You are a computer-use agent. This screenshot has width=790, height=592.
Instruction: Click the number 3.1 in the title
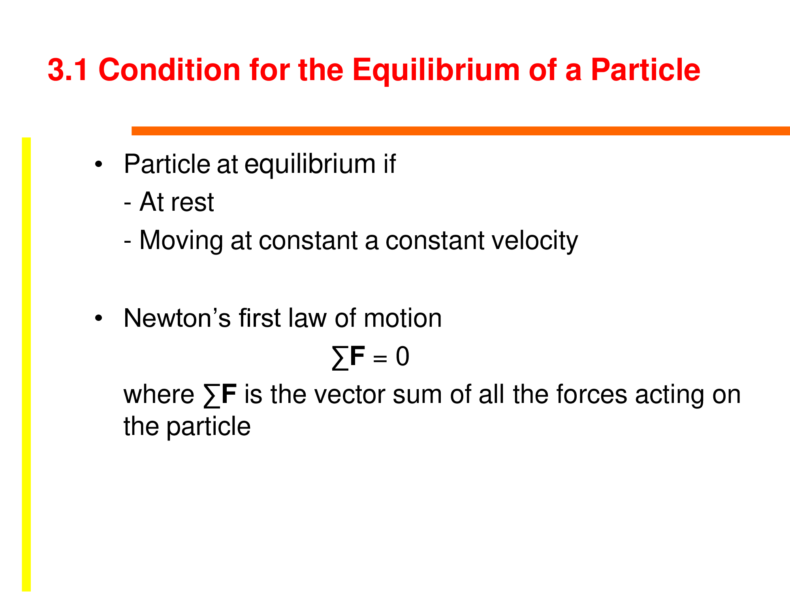point(68,70)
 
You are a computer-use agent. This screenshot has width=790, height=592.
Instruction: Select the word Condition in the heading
point(169,70)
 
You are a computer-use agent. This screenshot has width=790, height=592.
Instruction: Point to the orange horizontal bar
point(461,131)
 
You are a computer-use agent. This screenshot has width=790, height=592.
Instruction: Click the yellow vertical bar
point(26,364)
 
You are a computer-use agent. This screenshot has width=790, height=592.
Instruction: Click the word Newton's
point(177,318)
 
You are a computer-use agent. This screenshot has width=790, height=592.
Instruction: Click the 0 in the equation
point(403,356)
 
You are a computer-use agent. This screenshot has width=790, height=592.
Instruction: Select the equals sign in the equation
point(380,358)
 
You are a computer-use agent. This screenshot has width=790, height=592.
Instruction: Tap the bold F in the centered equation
point(357,356)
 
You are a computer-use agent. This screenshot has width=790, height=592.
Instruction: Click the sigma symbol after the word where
point(212,396)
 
